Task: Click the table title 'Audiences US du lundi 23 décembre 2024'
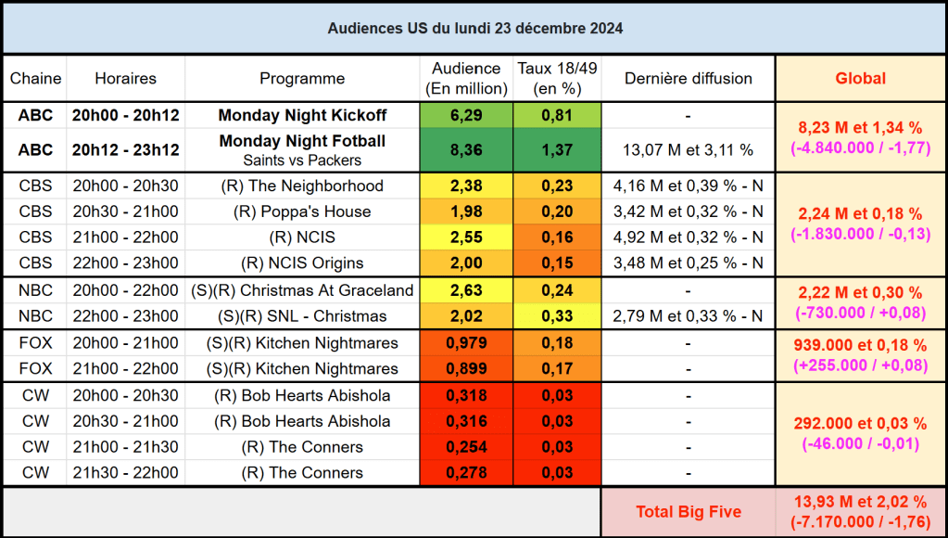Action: click(x=474, y=29)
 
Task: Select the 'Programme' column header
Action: click(x=302, y=79)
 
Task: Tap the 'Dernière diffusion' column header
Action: click(x=688, y=79)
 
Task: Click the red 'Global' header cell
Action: click(x=860, y=79)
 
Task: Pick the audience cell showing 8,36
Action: click(x=465, y=149)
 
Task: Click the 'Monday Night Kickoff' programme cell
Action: click(x=302, y=116)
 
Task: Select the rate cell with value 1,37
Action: click(x=557, y=149)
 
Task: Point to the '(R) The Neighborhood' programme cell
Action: click(x=302, y=186)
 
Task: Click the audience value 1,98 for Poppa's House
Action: click(x=465, y=211)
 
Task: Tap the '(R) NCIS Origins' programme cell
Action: click(x=302, y=263)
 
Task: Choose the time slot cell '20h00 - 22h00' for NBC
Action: click(x=125, y=290)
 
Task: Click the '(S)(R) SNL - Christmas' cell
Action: click(x=302, y=316)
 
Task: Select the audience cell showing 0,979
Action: click(x=465, y=343)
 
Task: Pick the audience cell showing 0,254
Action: click(x=465, y=447)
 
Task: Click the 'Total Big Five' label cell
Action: click(x=688, y=512)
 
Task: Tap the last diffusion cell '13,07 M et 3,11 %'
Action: click(x=688, y=149)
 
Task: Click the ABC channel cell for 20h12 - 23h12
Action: click(x=35, y=149)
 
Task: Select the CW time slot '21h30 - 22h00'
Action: click(x=125, y=473)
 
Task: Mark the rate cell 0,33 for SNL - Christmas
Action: click(x=557, y=316)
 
